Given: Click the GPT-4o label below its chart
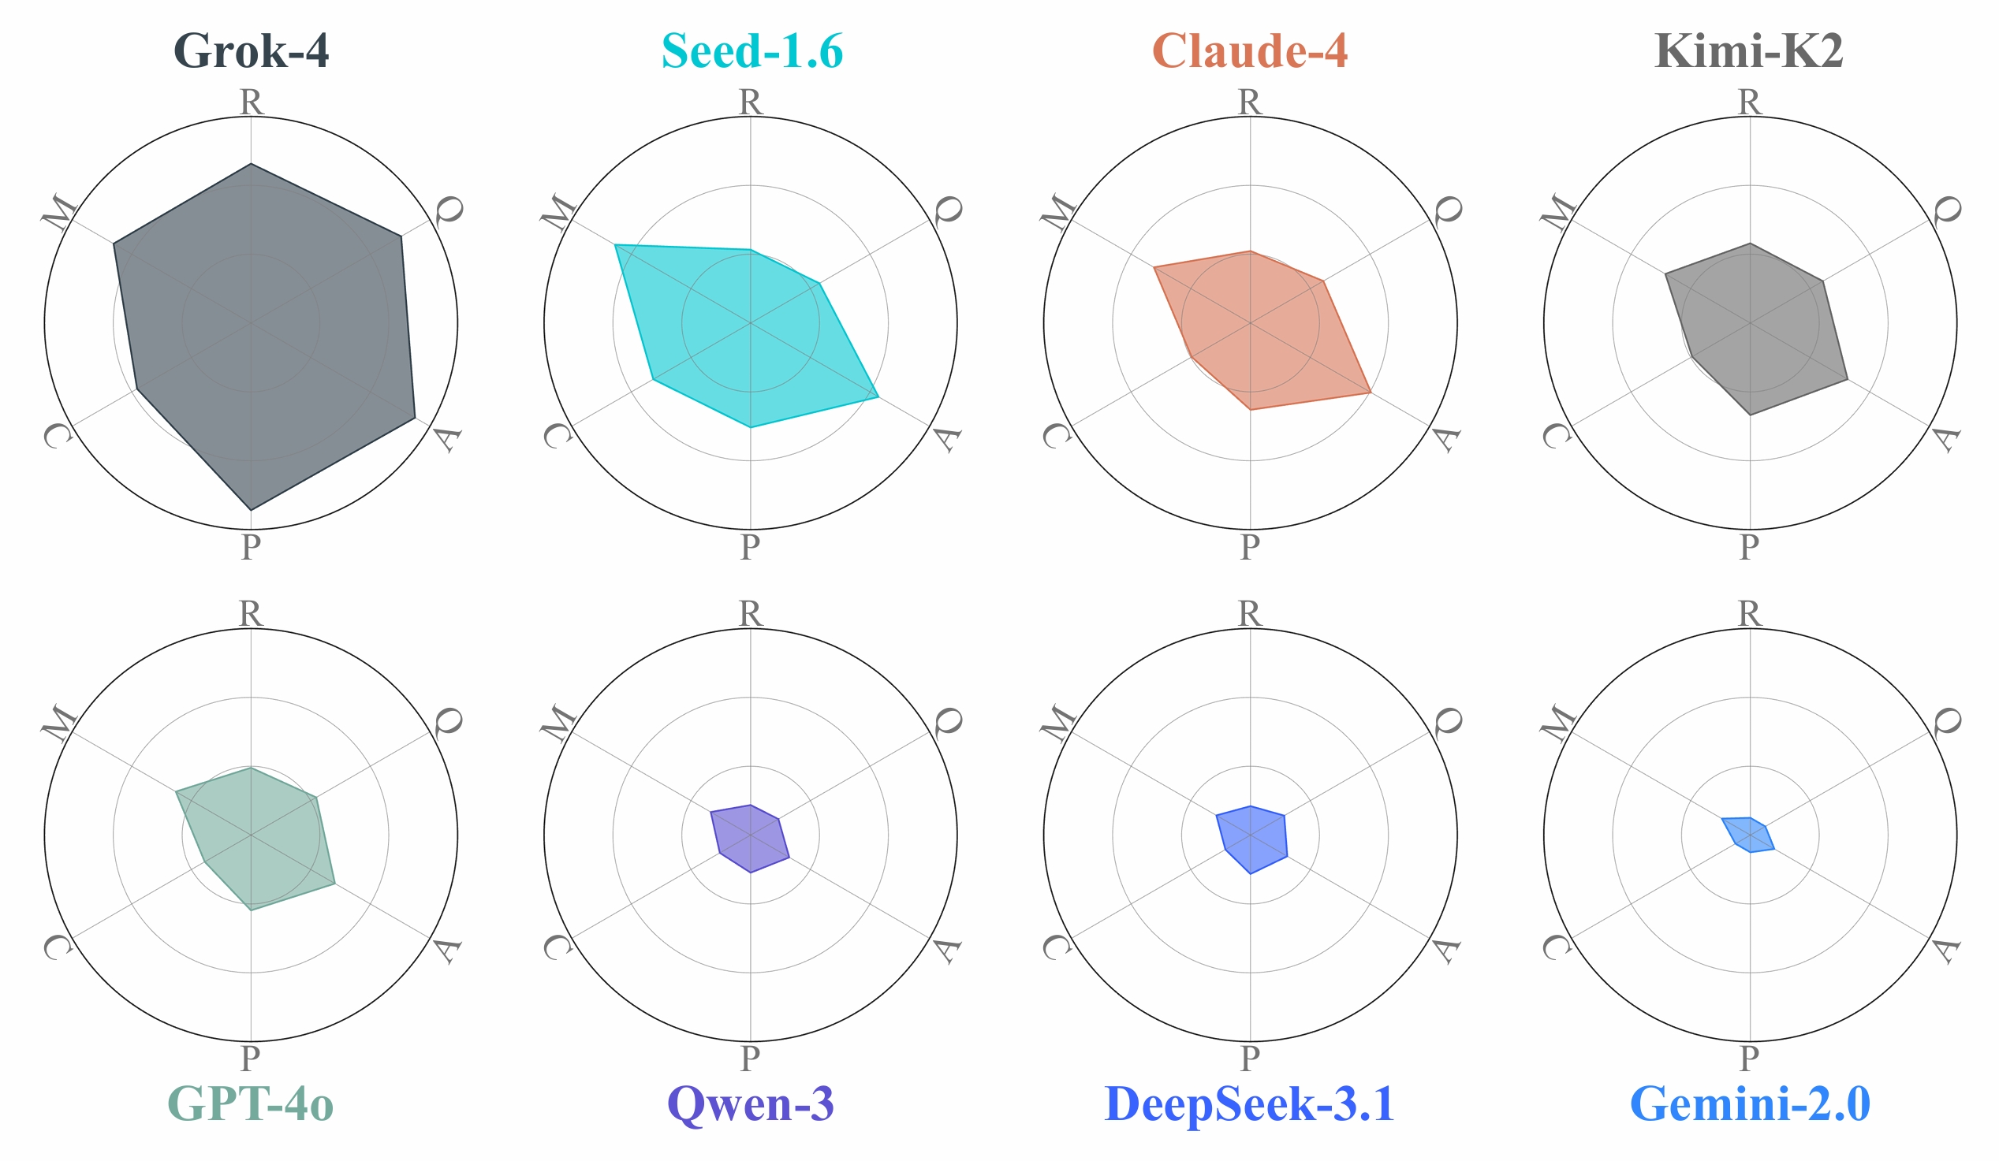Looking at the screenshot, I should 251,1103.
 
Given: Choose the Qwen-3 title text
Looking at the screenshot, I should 751,1103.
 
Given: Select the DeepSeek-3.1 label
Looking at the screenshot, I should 1249,1103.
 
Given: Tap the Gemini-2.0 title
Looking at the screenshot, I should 1750,1103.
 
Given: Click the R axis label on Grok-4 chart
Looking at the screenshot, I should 251,102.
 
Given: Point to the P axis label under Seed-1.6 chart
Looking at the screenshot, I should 750,546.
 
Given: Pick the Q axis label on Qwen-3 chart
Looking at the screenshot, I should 947,721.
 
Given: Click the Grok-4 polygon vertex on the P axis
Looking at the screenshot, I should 251,510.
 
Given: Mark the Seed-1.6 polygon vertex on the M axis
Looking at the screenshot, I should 616,245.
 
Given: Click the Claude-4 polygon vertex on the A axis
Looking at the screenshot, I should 1370,393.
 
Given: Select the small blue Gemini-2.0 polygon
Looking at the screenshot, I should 1748,834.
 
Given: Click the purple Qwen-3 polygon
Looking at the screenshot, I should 750,838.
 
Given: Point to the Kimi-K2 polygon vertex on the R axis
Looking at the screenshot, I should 1750,244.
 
